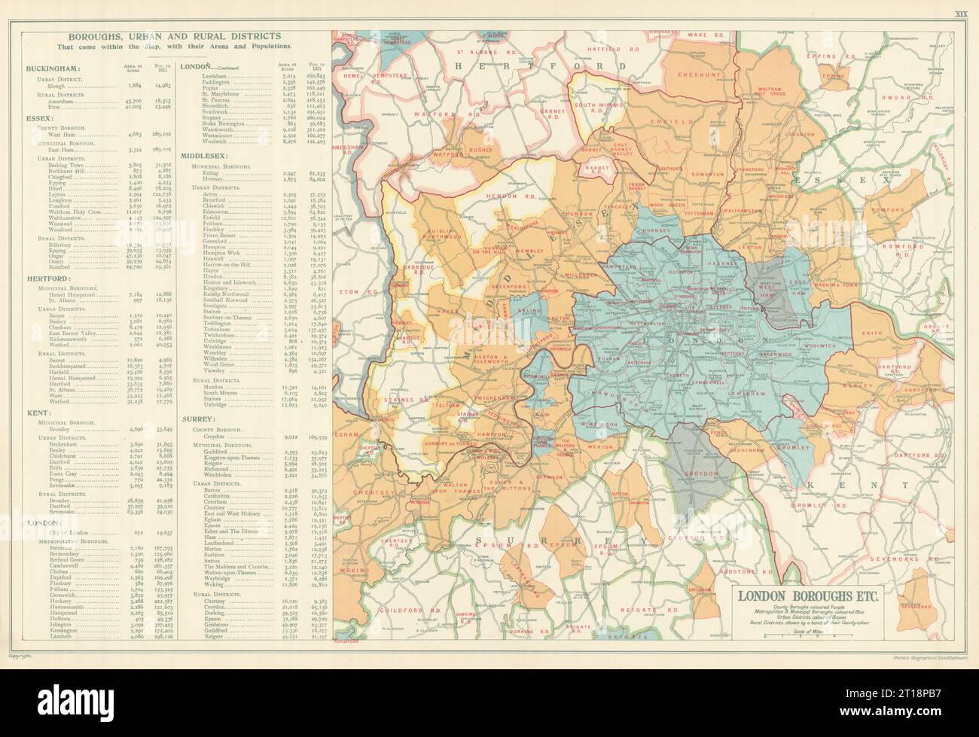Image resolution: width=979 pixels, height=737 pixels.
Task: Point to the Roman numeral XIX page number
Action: click(x=960, y=13)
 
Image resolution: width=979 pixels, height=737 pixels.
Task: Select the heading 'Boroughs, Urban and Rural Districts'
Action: click(x=174, y=35)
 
